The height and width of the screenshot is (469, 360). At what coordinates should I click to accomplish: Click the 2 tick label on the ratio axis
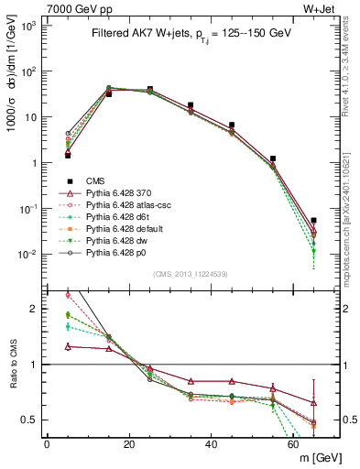click(x=36, y=310)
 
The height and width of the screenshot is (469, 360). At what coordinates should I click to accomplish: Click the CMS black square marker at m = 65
click(x=313, y=221)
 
